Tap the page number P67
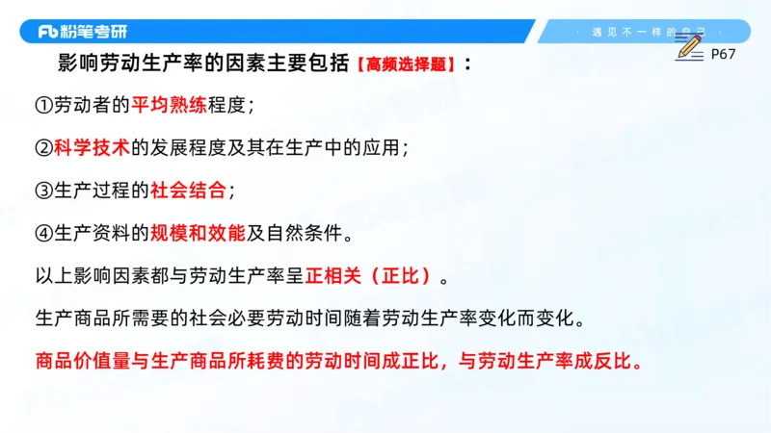pos(723,55)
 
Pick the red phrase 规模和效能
pos(199,233)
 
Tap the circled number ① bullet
pos(43,106)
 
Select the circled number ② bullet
pos(43,148)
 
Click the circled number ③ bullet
pos(43,191)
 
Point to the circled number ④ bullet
pos(43,233)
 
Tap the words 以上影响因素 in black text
pos(82,276)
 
